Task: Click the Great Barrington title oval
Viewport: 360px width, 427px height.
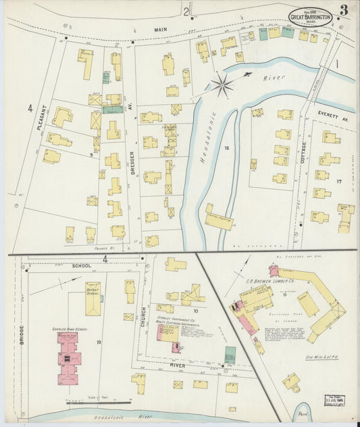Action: click(310, 17)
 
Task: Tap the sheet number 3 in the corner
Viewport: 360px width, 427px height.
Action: click(344, 10)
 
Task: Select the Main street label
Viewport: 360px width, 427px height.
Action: click(159, 30)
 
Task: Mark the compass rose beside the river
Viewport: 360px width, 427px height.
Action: click(222, 84)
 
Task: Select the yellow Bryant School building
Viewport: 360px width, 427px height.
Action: click(93, 298)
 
